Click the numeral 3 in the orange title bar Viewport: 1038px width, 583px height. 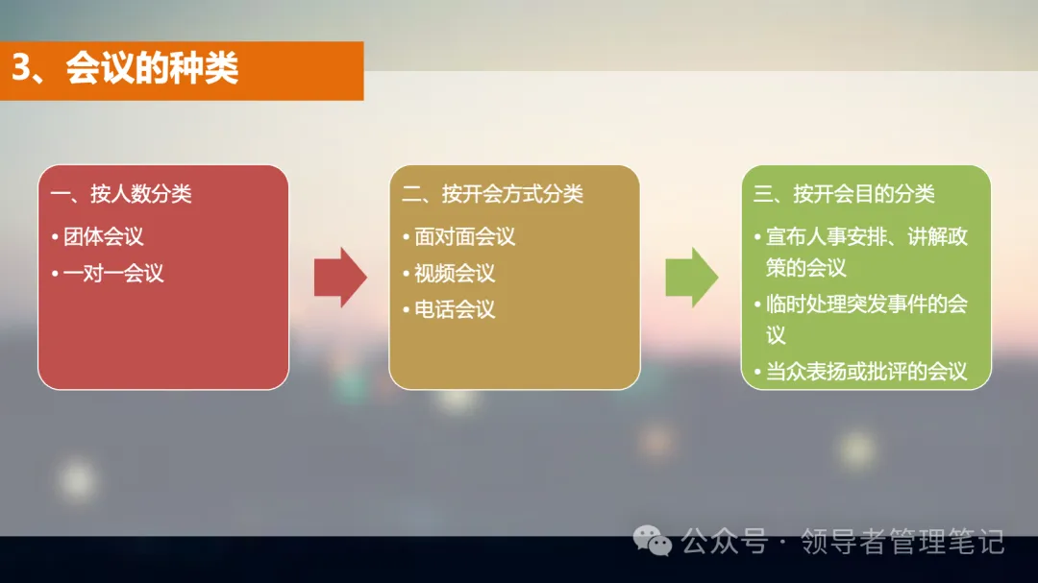[x=22, y=69]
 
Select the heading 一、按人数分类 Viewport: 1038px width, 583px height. [x=121, y=194]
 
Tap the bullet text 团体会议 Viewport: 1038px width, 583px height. [x=104, y=236]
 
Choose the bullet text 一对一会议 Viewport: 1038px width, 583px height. [x=113, y=274]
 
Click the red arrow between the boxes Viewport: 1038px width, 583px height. [x=339, y=278]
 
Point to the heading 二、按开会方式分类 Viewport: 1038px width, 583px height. [x=492, y=194]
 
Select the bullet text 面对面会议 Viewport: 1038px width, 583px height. [x=465, y=236]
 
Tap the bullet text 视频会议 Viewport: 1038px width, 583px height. [x=455, y=274]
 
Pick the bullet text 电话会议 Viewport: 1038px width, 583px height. [x=455, y=310]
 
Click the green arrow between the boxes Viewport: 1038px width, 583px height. [x=691, y=278]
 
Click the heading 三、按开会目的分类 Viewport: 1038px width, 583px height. [x=844, y=194]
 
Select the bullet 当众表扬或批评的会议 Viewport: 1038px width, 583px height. [x=866, y=372]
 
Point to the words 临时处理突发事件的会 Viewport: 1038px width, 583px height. [x=866, y=304]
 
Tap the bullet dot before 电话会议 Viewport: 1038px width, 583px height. [x=407, y=311]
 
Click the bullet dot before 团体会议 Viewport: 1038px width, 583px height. [x=56, y=237]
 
